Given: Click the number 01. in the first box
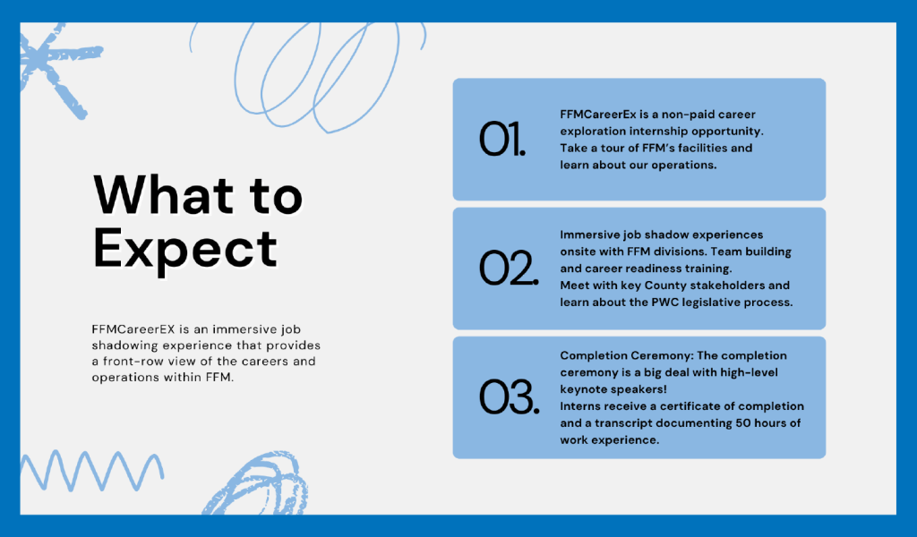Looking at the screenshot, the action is click(x=501, y=139).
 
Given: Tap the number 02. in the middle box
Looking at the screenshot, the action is click(x=509, y=268).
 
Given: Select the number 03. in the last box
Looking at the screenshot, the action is click(x=509, y=397).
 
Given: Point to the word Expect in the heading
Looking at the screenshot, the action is click(x=184, y=250).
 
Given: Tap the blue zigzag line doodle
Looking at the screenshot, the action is click(x=92, y=471).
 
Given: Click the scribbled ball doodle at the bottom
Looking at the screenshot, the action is click(x=257, y=485).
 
